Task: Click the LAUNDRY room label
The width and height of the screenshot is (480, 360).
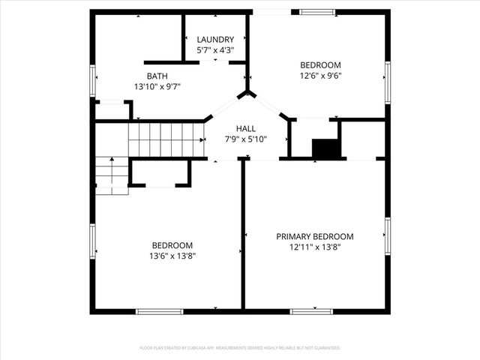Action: (215, 40)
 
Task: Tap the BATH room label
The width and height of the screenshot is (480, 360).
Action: (157, 76)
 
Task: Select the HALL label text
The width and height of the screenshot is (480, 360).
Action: (246, 128)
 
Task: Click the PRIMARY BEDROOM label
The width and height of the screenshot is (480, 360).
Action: (314, 236)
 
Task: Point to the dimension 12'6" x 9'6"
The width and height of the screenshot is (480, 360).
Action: (320, 75)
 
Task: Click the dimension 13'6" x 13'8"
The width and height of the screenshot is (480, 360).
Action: (172, 256)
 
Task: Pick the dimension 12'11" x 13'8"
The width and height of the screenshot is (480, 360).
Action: (314, 247)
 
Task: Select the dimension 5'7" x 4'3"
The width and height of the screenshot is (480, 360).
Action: (215, 50)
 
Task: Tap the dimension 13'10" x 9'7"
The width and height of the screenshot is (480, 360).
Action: (157, 86)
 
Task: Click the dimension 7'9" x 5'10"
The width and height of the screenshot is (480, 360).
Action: (246, 139)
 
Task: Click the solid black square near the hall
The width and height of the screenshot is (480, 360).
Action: (325, 148)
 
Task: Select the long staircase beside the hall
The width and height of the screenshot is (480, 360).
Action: (166, 140)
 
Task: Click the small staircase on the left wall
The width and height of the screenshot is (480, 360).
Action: (111, 175)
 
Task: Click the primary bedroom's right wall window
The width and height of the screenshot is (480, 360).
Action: (387, 237)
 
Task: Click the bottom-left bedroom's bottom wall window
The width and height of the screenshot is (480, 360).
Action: (159, 310)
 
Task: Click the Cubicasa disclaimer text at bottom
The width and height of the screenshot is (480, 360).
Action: (240, 348)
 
